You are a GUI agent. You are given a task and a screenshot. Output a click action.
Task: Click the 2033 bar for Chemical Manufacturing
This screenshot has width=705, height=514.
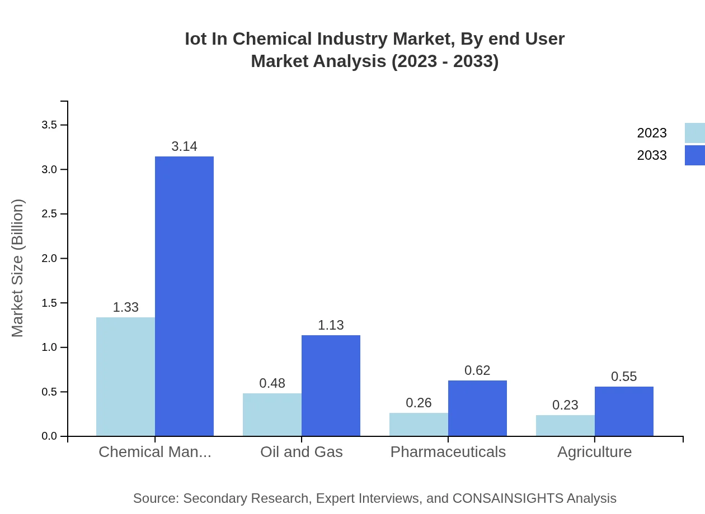click(x=184, y=296)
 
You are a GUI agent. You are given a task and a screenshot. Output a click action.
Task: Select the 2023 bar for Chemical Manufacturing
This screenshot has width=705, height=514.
click(x=125, y=377)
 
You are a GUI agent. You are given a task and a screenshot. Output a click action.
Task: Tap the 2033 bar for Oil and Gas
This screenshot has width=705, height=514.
click(x=331, y=385)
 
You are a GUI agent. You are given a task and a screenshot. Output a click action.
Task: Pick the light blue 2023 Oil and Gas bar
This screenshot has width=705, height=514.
click(x=272, y=415)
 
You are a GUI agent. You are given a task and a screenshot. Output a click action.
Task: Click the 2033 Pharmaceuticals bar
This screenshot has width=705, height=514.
click(x=477, y=408)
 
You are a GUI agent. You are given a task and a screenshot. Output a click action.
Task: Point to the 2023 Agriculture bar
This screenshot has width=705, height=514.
click(x=565, y=425)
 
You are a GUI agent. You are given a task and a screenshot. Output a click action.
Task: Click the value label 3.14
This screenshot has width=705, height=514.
click(x=184, y=146)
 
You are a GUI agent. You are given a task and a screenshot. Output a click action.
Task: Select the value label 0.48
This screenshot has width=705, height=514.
click(x=272, y=383)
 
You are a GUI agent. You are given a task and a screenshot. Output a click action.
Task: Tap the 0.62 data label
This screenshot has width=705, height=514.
click(x=477, y=370)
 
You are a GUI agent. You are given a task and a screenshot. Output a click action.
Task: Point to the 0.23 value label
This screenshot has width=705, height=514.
click(x=565, y=405)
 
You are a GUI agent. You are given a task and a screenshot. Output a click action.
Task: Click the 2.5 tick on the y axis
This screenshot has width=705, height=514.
click(x=50, y=214)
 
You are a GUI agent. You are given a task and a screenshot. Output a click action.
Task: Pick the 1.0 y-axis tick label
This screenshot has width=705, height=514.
click(x=50, y=348)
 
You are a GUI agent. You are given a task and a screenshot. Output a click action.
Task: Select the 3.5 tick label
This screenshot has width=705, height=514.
click(x=50, y=125)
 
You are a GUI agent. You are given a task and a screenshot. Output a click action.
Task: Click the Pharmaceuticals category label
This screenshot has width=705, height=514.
click(x=448, y=451)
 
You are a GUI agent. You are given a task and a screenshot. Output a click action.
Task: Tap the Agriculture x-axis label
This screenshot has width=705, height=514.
click(x=594, y=451)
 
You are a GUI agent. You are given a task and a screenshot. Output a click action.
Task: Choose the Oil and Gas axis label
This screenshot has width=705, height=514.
click(x=301, y=451)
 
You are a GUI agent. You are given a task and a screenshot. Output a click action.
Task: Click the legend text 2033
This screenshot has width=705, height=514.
click(x=652, y=155)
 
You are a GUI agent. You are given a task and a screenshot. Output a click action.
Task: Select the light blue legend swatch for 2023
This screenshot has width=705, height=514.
click(x=694, y=133)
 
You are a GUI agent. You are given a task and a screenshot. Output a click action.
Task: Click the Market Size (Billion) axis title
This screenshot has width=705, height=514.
click(x=18, y=268)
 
